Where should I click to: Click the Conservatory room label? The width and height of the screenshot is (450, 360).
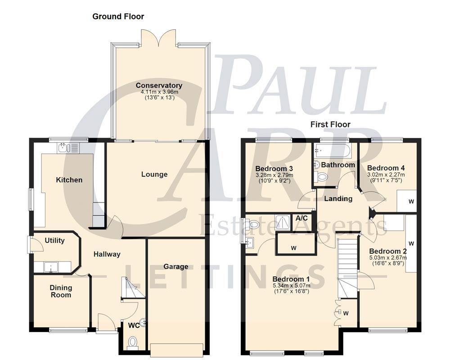(x=159, y=85)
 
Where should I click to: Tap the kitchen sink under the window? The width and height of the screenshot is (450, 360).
(x=68, y=148)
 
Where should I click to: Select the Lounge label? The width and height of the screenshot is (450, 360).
(x=154, y=174)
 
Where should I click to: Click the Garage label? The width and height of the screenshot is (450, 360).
(x=175, y=266)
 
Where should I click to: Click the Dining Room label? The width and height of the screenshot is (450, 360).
(x=61, y=291)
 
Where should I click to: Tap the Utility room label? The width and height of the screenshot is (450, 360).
(x=54, y=240)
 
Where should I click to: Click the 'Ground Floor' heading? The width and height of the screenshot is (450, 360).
(x=118, y=17)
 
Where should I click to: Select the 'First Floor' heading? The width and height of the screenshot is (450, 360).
(x=330, y=124)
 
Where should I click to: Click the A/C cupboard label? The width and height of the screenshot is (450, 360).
(x=301, y=218)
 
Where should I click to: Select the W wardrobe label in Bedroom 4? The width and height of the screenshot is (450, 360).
(x=411, y=201)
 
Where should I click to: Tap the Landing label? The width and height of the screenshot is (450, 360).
(x=338, y=198)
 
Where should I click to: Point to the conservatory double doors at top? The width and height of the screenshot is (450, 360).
(x=158, y=38)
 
